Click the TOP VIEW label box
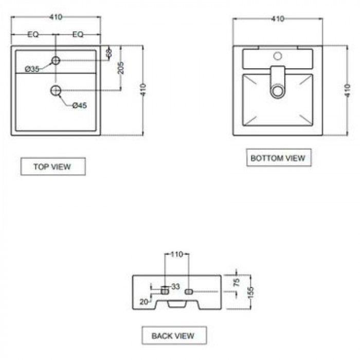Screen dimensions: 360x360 coord(53,167)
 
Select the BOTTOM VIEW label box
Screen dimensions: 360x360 coord(279,158)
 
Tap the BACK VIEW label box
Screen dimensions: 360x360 coord(174,335)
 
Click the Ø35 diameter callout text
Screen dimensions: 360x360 coord(32,69)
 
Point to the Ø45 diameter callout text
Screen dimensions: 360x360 coord(79,105)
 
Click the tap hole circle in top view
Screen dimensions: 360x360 coord(56,61)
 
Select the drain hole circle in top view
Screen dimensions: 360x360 coord(56,91)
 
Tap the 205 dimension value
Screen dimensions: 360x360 coord(121,68)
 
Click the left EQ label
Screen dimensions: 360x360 coord(33,34)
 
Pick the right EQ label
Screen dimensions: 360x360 coord(78,34)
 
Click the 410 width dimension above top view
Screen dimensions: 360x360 coord(56,17)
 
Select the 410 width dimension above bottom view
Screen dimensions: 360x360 coord(278,19)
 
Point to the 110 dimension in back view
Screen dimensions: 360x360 coord(177,254)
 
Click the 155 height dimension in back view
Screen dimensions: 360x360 coord(250,293)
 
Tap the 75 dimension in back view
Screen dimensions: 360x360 coord(237,282)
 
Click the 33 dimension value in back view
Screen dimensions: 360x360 coord(176,286)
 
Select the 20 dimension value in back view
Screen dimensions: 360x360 coord(144,302)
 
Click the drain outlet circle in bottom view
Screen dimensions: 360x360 coord(278,91)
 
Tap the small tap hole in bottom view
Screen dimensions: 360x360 coord(278,56)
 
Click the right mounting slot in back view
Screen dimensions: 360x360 coord(189,292)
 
